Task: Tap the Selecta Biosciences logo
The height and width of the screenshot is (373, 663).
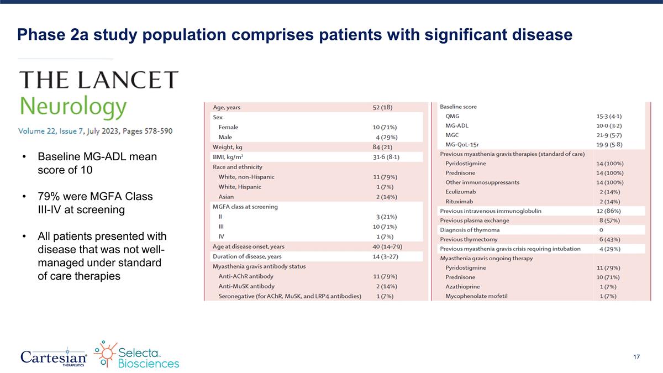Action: [136, 355]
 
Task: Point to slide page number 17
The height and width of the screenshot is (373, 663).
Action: [636, 358]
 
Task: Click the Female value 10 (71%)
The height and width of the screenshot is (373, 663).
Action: [385, 127]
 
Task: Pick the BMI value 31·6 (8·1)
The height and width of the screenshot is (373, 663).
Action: [386, 157]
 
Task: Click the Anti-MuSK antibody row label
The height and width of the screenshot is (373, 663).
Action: [246, 286]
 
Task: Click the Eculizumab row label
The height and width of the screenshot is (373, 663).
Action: [461, 192]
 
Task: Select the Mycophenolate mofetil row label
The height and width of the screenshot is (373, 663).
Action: [476, 296]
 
